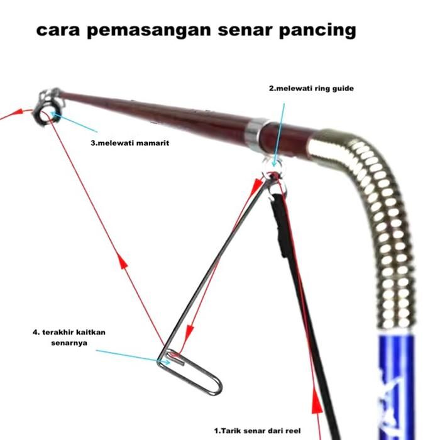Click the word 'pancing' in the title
[317, 31]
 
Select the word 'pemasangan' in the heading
[149, 31]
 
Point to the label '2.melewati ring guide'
[311, 89]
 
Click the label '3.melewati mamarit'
[130, 143]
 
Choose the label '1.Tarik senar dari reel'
[257, 431]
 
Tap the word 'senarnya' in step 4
[69, 343]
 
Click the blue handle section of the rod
[396, 387]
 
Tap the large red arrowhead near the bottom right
[317, 400]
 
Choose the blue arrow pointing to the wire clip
[133, 356]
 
